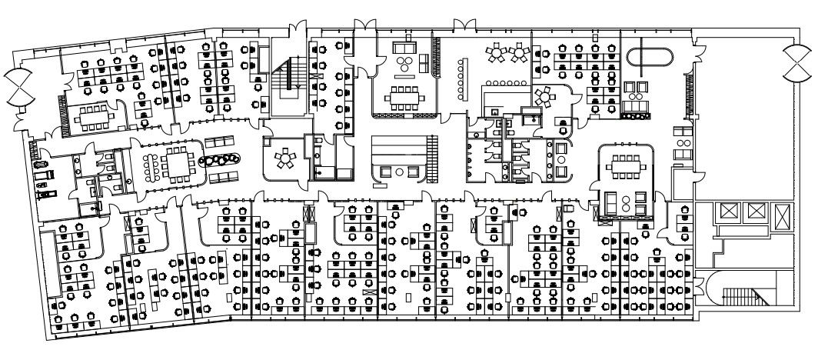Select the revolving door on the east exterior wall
pos(796,62)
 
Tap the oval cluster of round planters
pos(219,160)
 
